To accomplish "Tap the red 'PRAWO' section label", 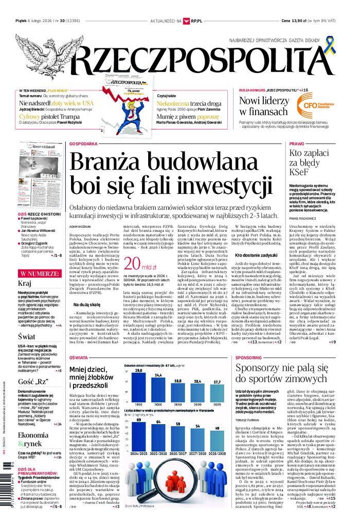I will pos(297,144).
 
